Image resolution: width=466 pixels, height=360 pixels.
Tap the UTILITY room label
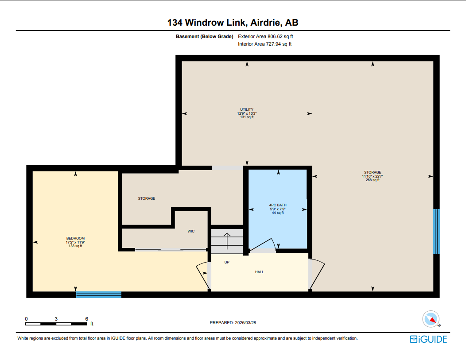pyautogui.click(x=247, y=109)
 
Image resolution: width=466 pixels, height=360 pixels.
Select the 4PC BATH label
pyautogui.click(x=278, y=205)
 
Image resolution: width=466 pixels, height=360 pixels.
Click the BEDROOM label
pyautogui.click(x=75, y=239)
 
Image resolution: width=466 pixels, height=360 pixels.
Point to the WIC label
pyautogui.click(x=191, y=231)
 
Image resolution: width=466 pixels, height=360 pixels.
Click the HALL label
pyautogui.click(x=260, y=272)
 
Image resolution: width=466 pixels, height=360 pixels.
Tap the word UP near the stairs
pyautogui.click(x=227, y=262)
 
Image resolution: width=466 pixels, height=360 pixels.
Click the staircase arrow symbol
pyautogui.click(x=227, y=240)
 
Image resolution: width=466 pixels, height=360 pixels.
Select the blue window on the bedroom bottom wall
pyautogui.click(x=99, y=294)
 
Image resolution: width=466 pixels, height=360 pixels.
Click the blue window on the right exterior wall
pyautogui.click(x=436, y=231)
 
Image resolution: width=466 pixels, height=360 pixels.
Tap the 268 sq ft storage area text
pyautogui.click(x=373, y=180)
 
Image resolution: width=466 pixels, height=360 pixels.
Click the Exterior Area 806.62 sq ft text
pyautogui.click(x=265, y=36)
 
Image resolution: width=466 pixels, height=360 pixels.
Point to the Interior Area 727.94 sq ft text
pyautogui.click(x=264, y=44)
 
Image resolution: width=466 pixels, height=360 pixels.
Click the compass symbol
pyautogui.click(x=431, y=318)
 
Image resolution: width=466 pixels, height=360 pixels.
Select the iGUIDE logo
pyautogui.click(x=428, y=339)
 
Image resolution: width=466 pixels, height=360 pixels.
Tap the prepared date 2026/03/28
pyautogui.click(x=233, y=323)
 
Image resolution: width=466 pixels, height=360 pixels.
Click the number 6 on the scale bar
pyautogui.click(x=86, y=319)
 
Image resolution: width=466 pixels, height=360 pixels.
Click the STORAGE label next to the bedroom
pyautogui.click(x=146, y=198)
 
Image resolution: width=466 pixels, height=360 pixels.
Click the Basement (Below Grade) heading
pyautogui.click(x=205, y=36)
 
